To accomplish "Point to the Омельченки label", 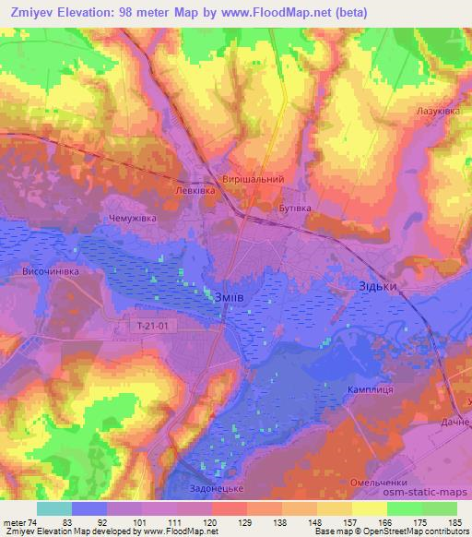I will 379,483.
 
